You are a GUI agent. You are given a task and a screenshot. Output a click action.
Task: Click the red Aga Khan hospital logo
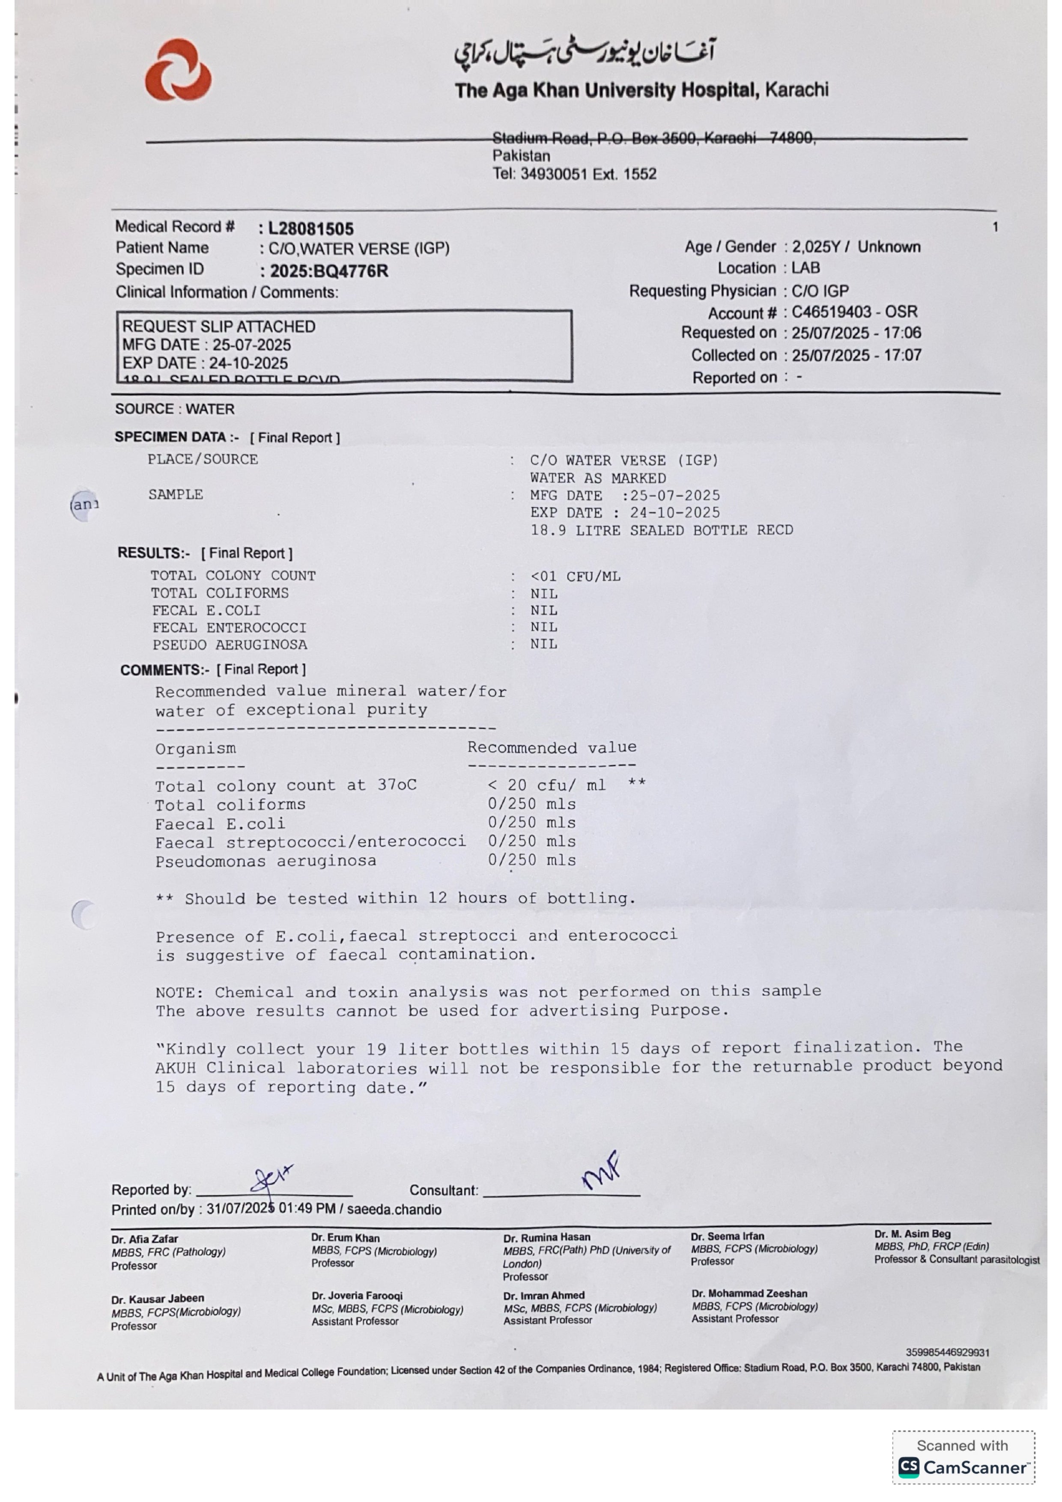(x=178, y=70)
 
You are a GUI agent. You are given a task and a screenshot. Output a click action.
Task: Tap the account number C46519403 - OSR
(x=855, y=312)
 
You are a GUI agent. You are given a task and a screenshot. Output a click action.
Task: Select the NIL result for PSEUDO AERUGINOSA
(x=544, y=644)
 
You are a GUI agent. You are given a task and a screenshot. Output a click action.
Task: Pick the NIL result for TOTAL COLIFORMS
(x=544, y=594)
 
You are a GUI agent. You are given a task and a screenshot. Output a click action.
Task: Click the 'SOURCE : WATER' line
(x=175, y=409)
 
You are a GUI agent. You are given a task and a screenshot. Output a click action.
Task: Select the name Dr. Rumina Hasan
(x=547, y=1237)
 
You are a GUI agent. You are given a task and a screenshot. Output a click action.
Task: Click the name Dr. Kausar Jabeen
(x=158, y=1299)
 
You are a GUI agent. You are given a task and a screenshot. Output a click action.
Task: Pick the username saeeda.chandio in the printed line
(x=394, y=1210)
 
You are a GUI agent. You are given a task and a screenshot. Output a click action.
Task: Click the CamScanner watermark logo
(x=963, y=1466)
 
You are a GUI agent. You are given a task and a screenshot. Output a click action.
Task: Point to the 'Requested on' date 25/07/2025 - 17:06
(x=856, y=333)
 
